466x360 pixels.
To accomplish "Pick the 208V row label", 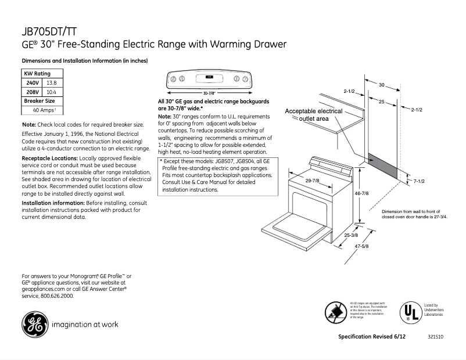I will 33,92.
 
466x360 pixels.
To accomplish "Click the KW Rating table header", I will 37,74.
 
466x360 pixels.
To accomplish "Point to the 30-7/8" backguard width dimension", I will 209,93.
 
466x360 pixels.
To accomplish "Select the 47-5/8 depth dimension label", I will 361,247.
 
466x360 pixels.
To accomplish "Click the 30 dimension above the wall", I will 382,85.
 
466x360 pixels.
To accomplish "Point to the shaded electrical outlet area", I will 381,167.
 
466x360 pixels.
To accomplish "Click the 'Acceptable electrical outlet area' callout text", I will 313,114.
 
